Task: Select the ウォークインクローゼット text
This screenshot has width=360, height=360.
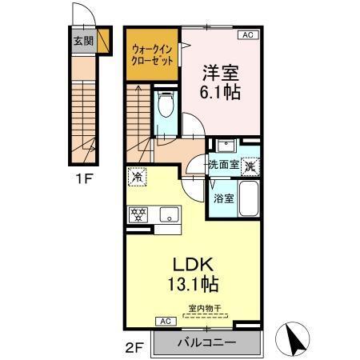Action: coord(152,54)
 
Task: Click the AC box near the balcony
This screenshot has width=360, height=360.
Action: coord(166,322)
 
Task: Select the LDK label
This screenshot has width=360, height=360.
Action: coord(192,265)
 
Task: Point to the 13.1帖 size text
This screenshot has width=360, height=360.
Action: coord(192,284)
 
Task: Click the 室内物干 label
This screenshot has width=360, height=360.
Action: coord(206,308)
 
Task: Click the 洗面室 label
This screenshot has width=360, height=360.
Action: coord(222,164)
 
